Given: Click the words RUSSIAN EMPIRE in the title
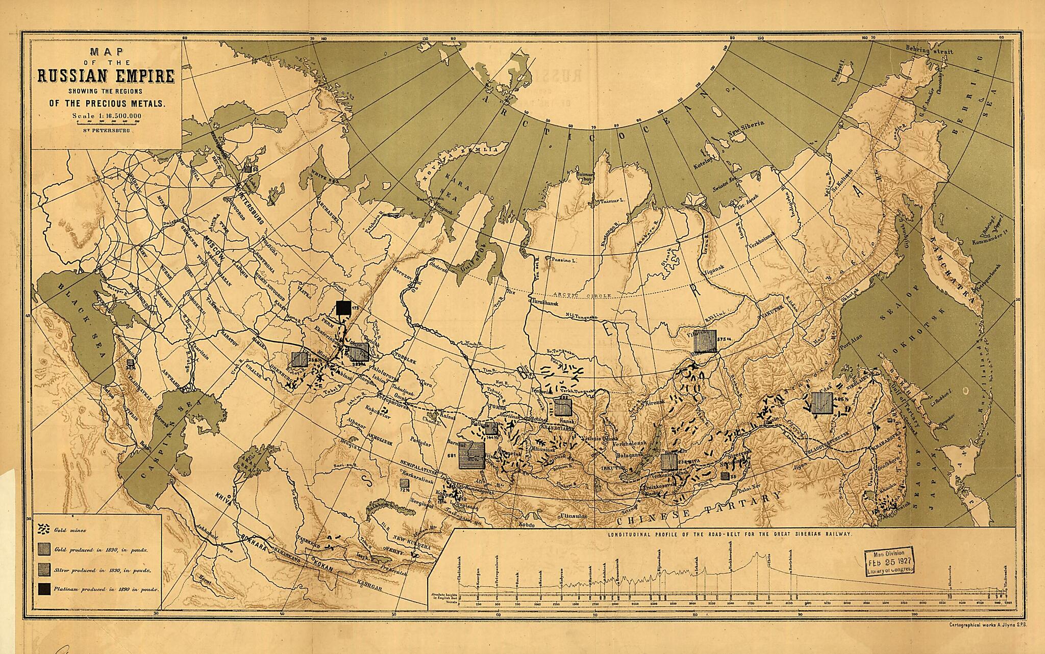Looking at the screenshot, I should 106,76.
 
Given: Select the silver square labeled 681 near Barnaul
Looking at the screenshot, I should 471,456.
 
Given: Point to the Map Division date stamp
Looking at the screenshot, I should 887,564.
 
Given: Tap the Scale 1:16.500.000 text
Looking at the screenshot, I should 107,115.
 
